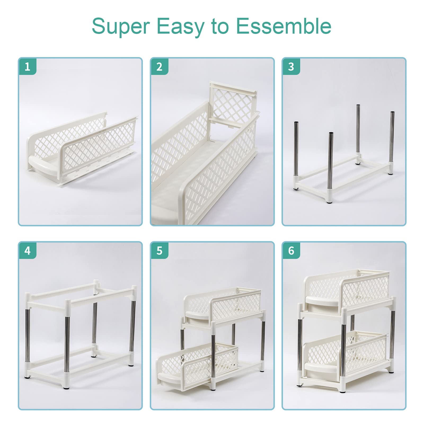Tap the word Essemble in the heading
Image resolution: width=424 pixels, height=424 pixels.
[284, 26]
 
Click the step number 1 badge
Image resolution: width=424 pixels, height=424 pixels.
[27, 67]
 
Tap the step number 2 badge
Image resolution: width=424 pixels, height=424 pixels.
[159, 67]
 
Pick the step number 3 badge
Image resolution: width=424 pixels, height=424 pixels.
[291, 67]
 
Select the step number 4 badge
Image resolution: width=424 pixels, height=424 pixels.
[27, 250]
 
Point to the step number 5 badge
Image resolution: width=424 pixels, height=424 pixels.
[159, 250]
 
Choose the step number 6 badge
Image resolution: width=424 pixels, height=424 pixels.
[291, 250]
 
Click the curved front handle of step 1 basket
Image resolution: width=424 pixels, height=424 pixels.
[44, 164]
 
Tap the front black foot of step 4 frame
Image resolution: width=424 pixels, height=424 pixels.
[66, 387]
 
